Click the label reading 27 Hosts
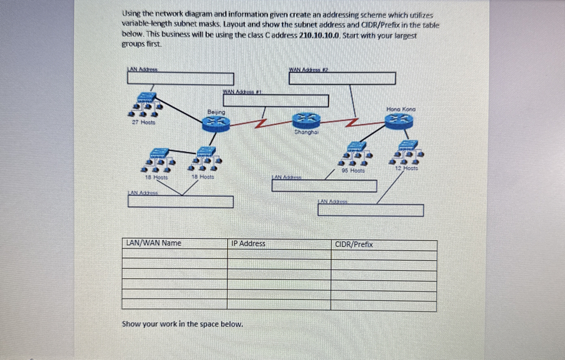click(143, 123)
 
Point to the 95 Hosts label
click(353, 171)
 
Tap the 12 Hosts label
click(407, 169)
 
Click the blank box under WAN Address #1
click(275, 100)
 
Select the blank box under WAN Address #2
click(342, 78)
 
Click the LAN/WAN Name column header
click(154, 243)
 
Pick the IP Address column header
click(248, 243)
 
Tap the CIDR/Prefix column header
click(354, 245)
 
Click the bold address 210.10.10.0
click(319, 35)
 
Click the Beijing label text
click(216, 111)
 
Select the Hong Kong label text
click(400, 109)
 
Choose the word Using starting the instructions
click(132, 14)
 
